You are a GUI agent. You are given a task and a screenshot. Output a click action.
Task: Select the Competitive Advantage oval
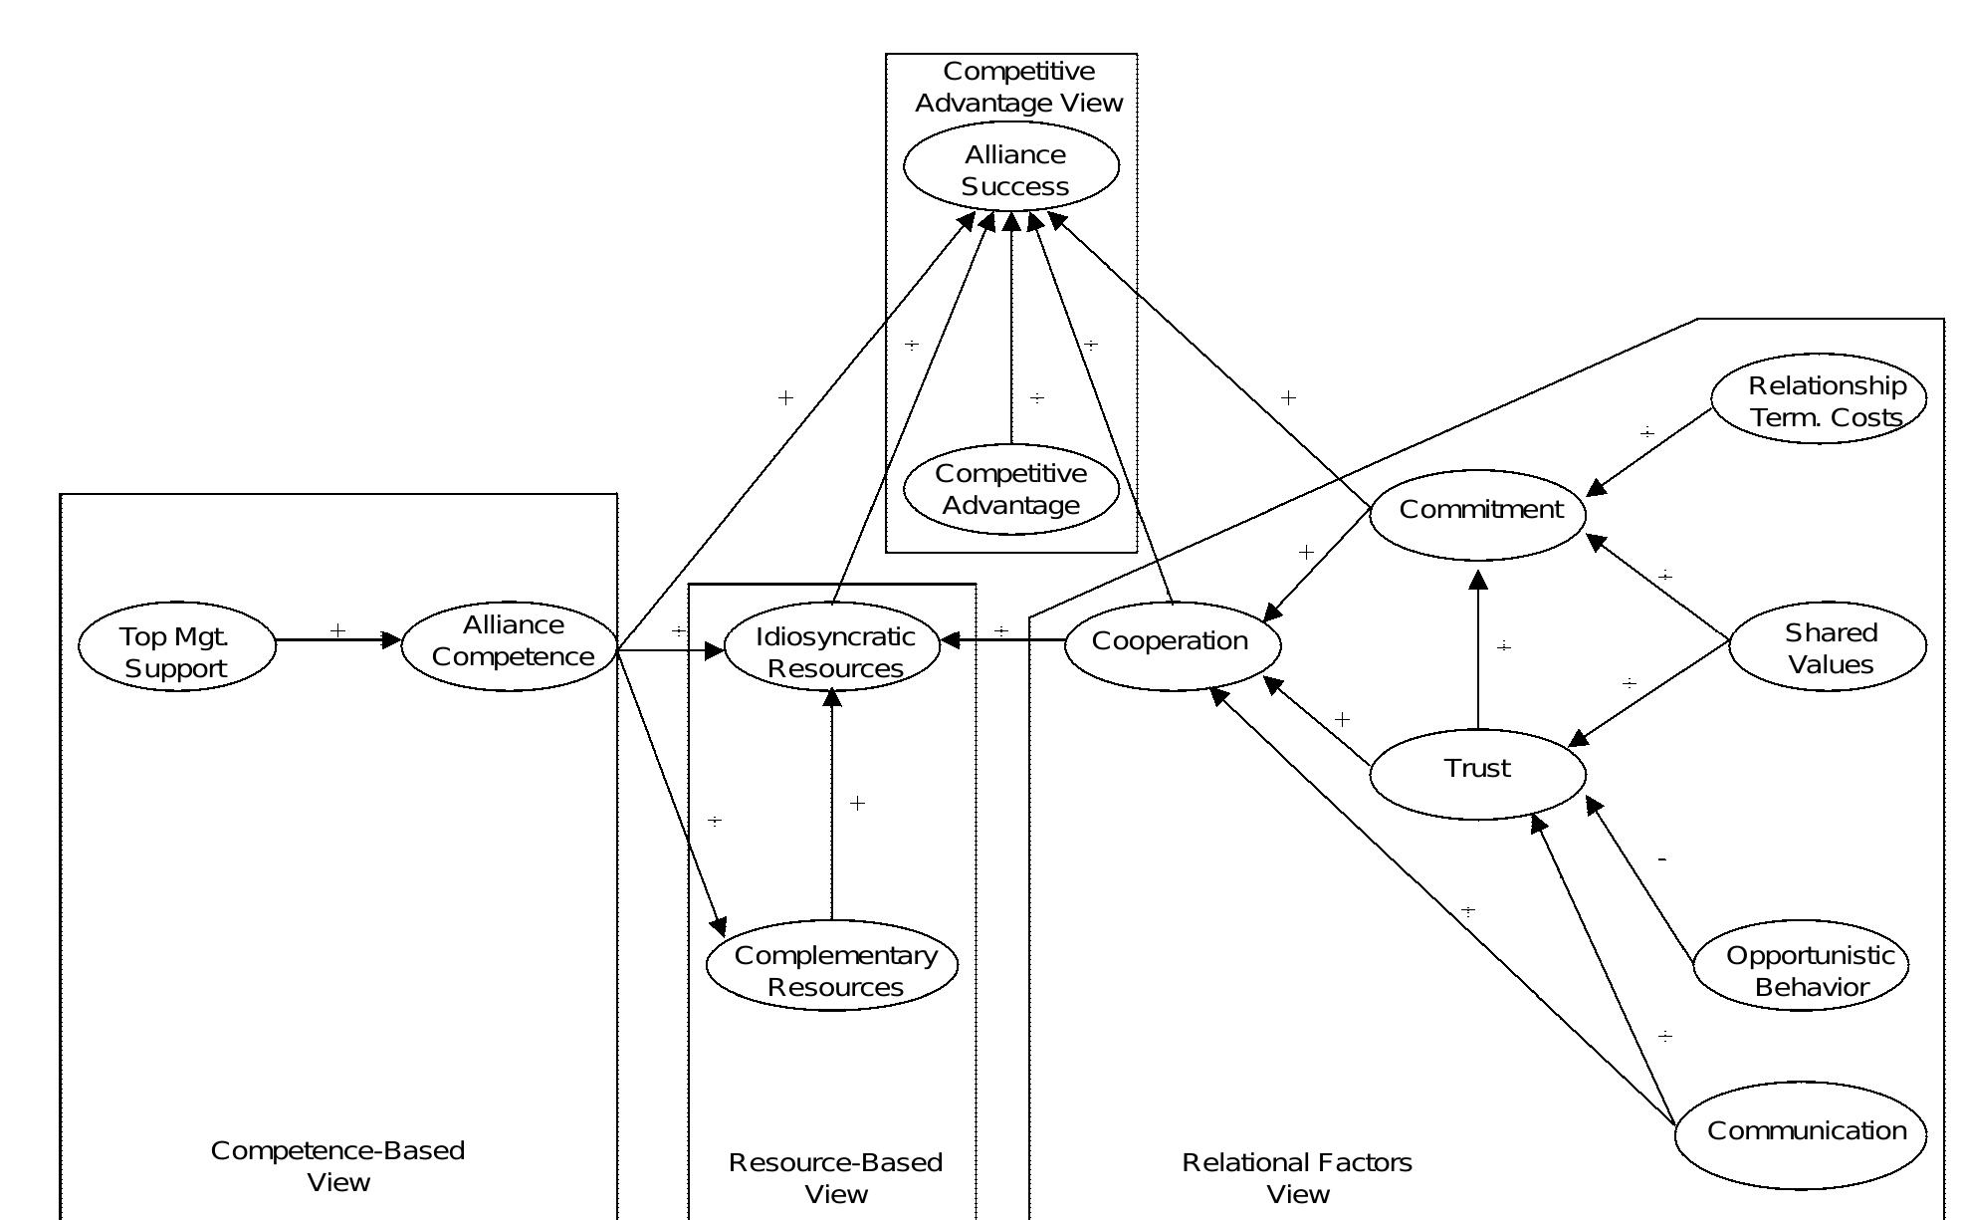pyautogui.click(x=1011, y=489)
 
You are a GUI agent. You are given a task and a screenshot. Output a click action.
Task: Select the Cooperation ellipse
pyautogui.click(x=1172, y=644)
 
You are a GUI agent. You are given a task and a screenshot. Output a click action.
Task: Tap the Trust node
pyautogui.click(x=1478, y=773)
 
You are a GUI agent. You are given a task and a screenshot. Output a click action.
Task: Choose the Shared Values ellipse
pyautogui.click(x=1828, y=647)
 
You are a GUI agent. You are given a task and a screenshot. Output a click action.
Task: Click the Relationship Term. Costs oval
pyautogui.click(x=1819, y=398)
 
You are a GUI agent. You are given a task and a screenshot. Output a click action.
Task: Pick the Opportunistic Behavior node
pyautogui.click(x=1801, y=966)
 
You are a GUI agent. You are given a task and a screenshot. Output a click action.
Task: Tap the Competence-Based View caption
pyautogui.click(x=337, y=1166)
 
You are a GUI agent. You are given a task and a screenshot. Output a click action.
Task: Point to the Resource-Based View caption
pyautogui.click(x=835, y=1178)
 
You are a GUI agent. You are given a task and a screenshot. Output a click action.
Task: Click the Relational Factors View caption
pyautogui.click(x=1297, y=1178)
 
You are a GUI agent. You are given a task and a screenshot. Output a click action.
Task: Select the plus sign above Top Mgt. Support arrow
pyautogui.click(x=337, y=630)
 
